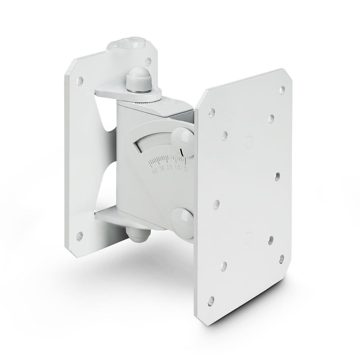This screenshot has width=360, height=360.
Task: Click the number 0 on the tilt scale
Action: pyautogui.click(x=185, y=168)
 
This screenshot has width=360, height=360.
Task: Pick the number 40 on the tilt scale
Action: pyautogui.click(x=155, y=171)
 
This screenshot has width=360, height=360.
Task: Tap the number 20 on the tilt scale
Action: pyautogui.click(x=169, y=169)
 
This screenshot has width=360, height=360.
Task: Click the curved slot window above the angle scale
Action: pyautogui.click(x=151, y=146)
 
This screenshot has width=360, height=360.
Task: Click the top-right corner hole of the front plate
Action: pyautogui.click(x=282, y=88)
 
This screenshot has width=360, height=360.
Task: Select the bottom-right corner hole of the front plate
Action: pyautogui.click(x=282, y=258)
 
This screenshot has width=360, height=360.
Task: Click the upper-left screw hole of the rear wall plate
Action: pyautogui.click(x=80, y=80)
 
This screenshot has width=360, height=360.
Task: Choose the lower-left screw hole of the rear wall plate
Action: pyautogui.click(x=80, y=236)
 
